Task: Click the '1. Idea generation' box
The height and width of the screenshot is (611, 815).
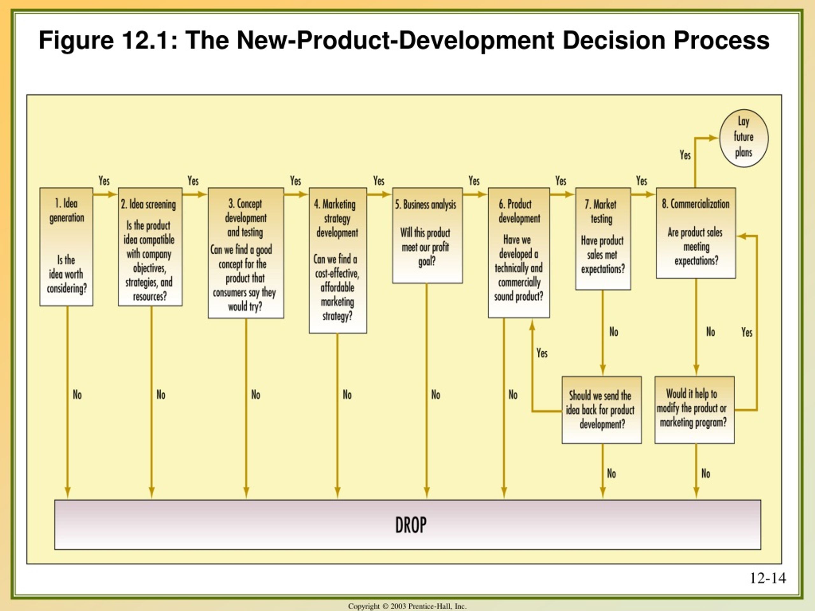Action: click(66, 247)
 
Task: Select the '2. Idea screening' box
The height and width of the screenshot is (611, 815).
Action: click(150, 247)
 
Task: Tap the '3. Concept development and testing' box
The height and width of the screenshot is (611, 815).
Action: click(246, 253)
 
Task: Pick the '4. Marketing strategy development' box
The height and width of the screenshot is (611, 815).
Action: click(338, 260)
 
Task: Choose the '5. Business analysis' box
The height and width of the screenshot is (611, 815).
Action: click(427, 235)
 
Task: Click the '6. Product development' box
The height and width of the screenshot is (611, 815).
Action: click(519, 253)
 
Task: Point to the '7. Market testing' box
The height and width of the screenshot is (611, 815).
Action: click(603, 239)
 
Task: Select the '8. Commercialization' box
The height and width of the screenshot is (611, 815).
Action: click(696, 233)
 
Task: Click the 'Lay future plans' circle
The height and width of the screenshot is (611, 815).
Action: click(744, 138)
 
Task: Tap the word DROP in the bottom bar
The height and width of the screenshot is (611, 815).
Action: click(411, 525)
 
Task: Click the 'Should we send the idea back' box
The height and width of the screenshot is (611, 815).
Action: click(602, 410)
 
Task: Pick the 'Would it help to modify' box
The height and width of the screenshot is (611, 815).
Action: click(695, 410)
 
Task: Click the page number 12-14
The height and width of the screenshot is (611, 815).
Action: click(768, 578)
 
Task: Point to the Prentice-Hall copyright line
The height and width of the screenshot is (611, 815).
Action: click(407, 606)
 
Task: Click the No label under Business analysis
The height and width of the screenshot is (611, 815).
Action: click(436, 395)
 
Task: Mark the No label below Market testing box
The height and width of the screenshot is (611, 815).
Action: click(614, 332)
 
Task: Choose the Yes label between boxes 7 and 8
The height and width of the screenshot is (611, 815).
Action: click(641, 181)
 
